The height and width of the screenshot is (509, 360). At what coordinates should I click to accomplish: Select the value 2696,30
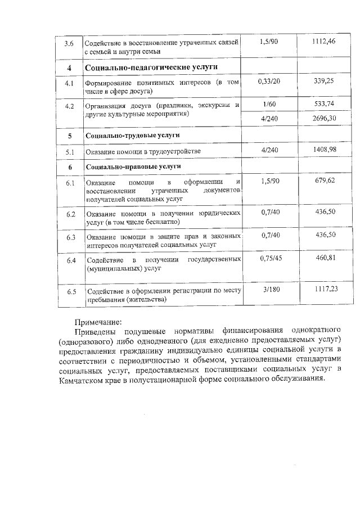pyautogui.click(x=326, y=118)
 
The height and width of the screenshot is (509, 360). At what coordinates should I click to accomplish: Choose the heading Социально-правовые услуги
pyautogui.click(x=133, y=167)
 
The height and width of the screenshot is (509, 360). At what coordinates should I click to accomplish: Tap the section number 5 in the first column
pyautogui.click(x=70, y=136)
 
